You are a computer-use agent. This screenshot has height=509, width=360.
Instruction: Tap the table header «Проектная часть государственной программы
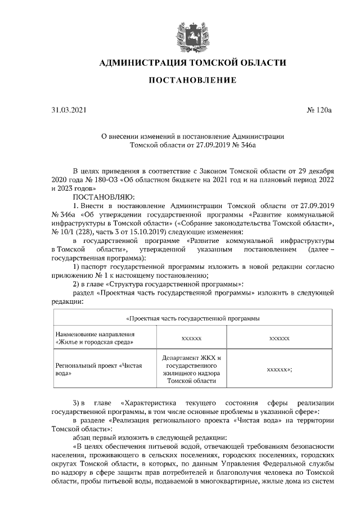192,318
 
